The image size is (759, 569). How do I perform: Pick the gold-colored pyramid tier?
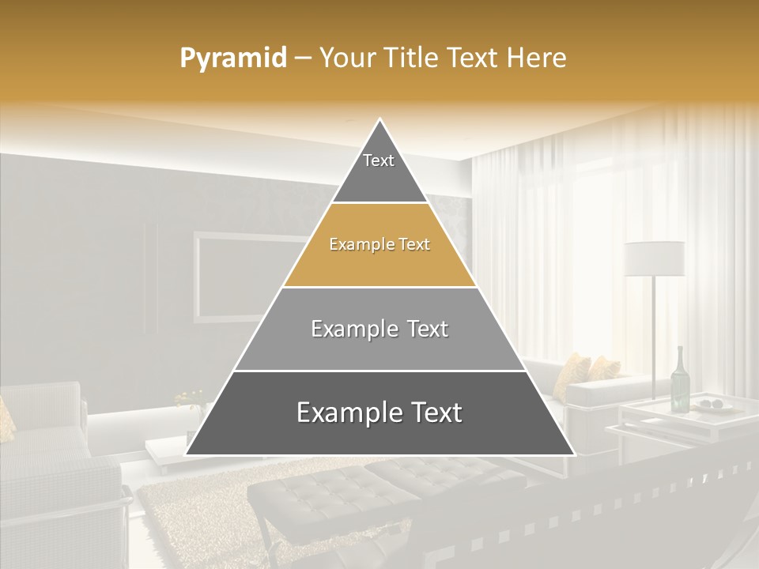379,245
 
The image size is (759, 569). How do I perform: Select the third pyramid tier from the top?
379,329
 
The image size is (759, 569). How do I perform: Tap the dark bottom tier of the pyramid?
379,413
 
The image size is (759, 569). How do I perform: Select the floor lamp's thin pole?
654,332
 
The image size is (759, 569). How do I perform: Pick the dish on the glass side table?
716,405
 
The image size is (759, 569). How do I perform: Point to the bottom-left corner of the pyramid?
187,454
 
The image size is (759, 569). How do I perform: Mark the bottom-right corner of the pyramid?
574,454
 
